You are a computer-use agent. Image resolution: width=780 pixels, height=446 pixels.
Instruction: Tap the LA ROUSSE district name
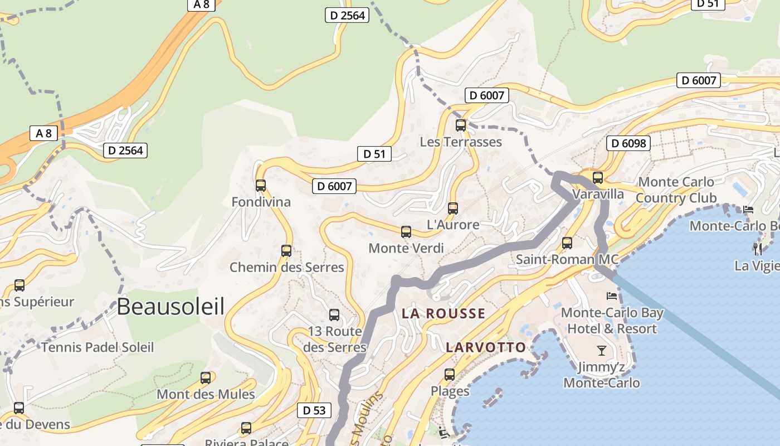(x=443, y=313)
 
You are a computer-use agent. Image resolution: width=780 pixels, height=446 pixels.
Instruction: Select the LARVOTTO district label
(x=486, y=347)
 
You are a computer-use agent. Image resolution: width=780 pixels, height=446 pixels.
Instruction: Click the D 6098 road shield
(x=628, y=143)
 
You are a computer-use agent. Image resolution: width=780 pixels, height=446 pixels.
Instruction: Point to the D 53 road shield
(x=314, y=411)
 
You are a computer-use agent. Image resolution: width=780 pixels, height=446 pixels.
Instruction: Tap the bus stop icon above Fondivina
(x=261, y=186)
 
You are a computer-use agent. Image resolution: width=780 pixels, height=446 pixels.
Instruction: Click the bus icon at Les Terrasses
(x=461, y=125)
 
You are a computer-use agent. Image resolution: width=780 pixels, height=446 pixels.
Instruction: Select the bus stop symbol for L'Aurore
(x=453, y=209)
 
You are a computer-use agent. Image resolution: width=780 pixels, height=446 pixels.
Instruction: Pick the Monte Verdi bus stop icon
(x=406, y=232)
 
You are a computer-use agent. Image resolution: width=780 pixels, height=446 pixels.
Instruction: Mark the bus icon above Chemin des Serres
(x=286, y=251)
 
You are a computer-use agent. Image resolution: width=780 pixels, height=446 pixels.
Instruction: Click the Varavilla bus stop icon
(x=598, y=178)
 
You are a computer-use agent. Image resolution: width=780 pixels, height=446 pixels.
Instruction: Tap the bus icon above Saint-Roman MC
(x=567, y=243)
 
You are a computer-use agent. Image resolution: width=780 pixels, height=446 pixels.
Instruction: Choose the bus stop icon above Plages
(x=450, y=375)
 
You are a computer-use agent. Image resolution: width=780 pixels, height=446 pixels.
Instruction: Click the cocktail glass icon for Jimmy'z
(x=601, y=351)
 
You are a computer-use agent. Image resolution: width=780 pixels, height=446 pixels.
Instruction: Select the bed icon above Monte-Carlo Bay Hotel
(x=612, y=295)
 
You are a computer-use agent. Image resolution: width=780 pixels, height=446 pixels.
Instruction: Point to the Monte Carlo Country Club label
(x=675, y=190)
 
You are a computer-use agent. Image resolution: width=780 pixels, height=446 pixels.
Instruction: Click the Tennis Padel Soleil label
(x=97, y=347)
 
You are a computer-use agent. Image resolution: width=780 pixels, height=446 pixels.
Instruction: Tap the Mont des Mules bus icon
(x=206, y=378)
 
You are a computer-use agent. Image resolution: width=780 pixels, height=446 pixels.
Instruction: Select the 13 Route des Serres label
(x=335, y=339)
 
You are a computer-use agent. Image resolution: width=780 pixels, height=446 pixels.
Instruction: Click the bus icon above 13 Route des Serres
(x=334, y=315)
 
